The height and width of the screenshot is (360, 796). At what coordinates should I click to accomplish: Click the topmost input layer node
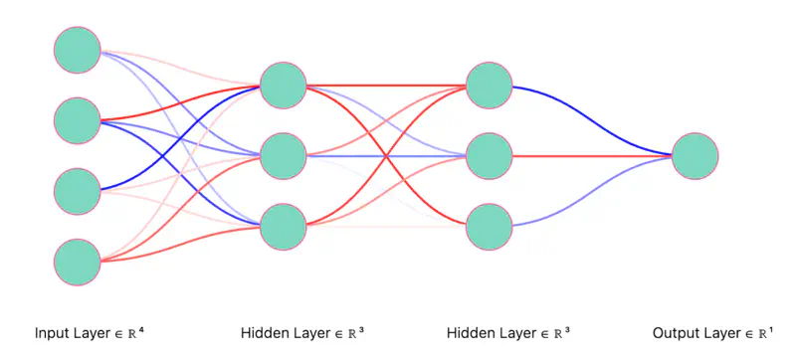[77, 50]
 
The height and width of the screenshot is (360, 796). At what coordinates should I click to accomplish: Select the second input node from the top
[77, 120]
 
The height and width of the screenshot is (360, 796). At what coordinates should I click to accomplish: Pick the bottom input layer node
[77, 262]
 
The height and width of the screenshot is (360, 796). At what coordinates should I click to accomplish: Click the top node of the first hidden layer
[283, 86]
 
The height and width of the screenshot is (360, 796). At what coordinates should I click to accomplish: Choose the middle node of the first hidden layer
[283, 156]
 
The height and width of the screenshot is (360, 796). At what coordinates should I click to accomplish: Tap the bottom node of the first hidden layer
[283, 226]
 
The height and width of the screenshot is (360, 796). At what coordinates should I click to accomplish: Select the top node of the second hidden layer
[489, 86]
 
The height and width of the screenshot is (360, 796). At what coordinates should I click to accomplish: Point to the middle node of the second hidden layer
[489, 156]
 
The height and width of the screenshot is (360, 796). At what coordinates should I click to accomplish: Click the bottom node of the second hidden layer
[489, 226]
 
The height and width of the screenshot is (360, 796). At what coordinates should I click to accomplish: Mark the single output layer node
[695, 156]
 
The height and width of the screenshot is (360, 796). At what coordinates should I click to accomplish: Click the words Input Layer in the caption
[70, 332]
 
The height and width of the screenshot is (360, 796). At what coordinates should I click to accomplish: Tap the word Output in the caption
[674, 332]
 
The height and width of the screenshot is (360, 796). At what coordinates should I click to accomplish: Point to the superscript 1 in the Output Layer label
[771, 328]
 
